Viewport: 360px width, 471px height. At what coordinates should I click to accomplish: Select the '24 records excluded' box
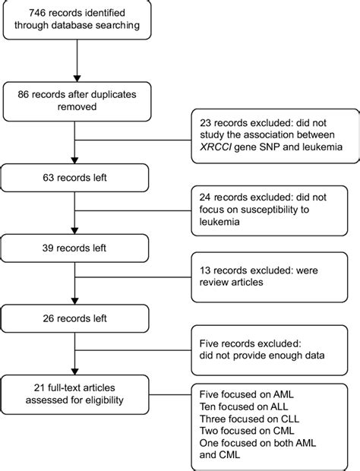click(x=274, y=216)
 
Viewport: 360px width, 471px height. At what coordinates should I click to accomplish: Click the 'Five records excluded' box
click(x=274, y=350)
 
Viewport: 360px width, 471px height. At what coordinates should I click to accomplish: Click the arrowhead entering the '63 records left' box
click(x=77, y=162)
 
